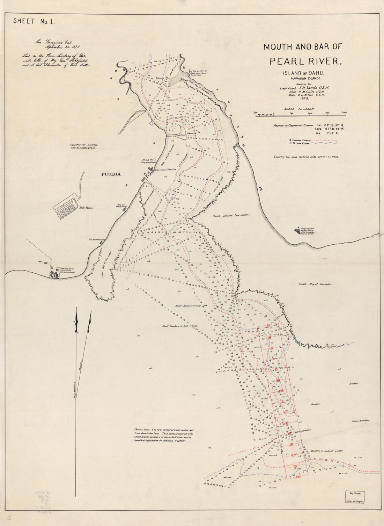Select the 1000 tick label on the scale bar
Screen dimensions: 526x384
point(310,113)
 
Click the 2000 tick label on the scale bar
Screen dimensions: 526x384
point(345,113)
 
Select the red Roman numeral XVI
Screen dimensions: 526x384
point(298,477)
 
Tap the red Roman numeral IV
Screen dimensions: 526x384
point(271,349)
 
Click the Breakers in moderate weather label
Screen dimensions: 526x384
point(327,451)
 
